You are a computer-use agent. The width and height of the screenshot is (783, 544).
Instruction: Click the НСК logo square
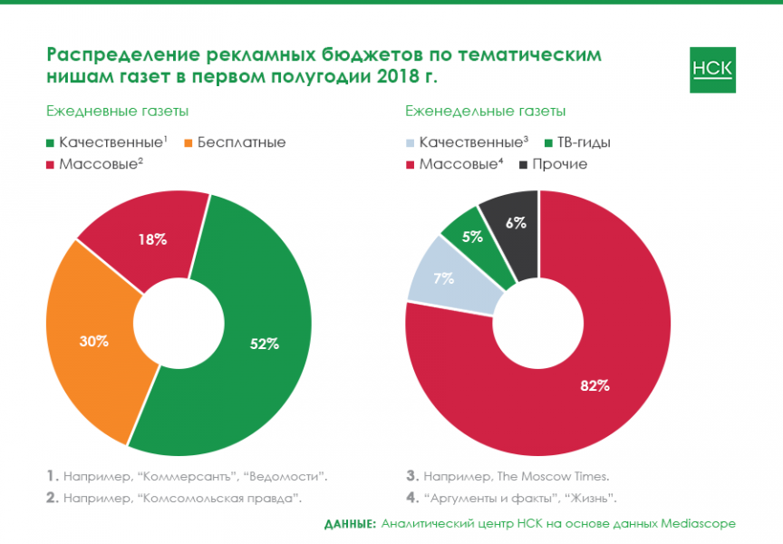coord(712,69)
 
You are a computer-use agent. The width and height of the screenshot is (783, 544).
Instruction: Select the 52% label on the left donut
coord(265,344)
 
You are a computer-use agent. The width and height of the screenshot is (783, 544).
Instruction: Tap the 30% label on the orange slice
coord(93,341)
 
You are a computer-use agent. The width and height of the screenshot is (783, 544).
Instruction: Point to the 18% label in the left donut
coord(153,239)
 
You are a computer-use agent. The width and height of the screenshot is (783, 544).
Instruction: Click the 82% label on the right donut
coord(594,385)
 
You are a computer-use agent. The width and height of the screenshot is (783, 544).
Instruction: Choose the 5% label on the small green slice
coord(472,238)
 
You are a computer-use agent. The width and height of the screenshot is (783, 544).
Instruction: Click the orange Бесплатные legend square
coord(188,142)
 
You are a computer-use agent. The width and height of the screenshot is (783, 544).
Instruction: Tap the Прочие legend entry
coord(560,164)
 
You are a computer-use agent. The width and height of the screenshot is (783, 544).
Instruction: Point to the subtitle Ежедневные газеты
coord(118,112)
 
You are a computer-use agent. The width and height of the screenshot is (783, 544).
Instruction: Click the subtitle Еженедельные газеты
coord(486,112)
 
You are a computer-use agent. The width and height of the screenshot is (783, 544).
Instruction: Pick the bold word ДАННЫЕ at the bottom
coord(350,523)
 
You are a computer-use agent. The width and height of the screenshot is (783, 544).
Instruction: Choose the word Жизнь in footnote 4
coord(592,498)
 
